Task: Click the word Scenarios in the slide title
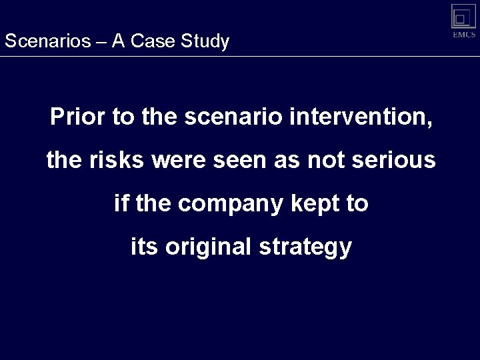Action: (x=46, y=41)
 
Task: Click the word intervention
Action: (x=360, y=118)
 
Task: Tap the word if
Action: (x=121, y=203)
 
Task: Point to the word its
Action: (x=144, y=247)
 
